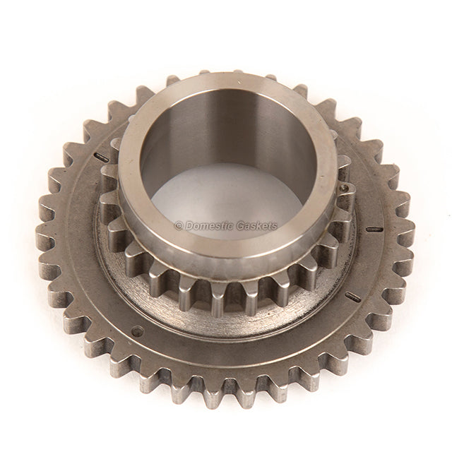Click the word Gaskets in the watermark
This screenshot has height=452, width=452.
tap(257, 227)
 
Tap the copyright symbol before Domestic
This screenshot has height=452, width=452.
tap(178, 227)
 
